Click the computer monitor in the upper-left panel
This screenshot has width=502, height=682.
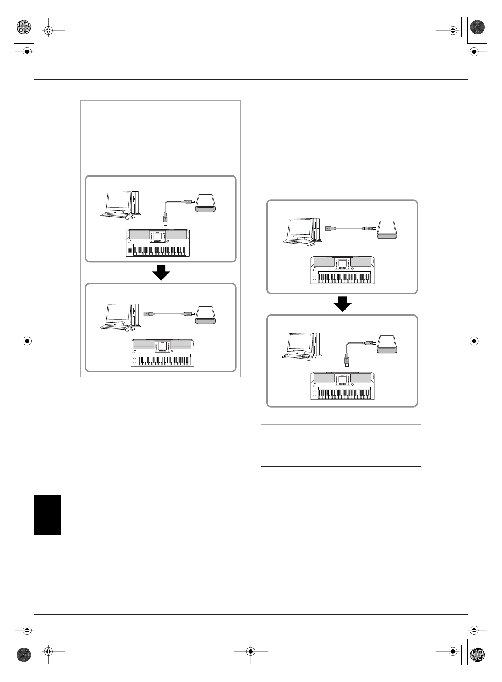click(x=118, y=201)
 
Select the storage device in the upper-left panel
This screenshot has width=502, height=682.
click(x=206, y=203)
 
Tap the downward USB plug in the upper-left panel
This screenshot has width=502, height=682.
click(x=165, y=219)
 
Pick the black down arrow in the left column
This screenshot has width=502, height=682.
click(x=161, y=273)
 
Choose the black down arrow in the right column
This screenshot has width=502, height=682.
click(x=342, y=304)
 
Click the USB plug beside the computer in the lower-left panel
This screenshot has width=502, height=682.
click(x=147, y=313)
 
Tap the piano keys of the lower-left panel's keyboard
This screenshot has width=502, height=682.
click(x=164, y=360)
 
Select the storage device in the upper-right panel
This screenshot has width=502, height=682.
click(x=388, y=230)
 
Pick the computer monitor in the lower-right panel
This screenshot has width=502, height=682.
click(x=300, y=343)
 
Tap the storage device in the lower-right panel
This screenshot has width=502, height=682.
click(x=388, y=345)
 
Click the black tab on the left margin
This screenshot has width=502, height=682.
click(x=47, y=515)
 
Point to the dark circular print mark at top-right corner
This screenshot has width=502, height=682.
click(x=477, y=27)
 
